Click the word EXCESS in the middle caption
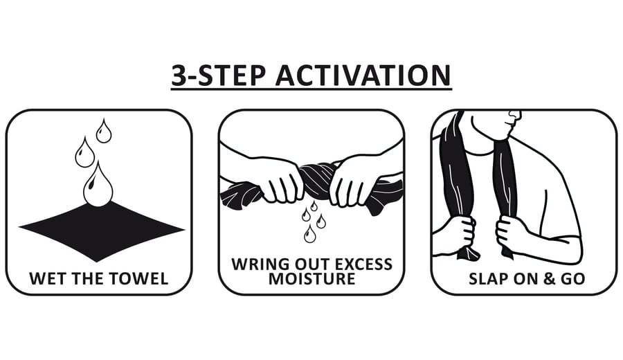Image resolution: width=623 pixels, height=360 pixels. [x=363, y=264]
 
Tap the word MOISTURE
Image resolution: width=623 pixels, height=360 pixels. [x=312, y=279]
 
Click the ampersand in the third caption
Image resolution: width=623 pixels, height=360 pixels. [x=549, y=279]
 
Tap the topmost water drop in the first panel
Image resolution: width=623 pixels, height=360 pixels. [x=104, y=131]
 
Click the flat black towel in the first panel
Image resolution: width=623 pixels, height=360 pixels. [x=101, y=231]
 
